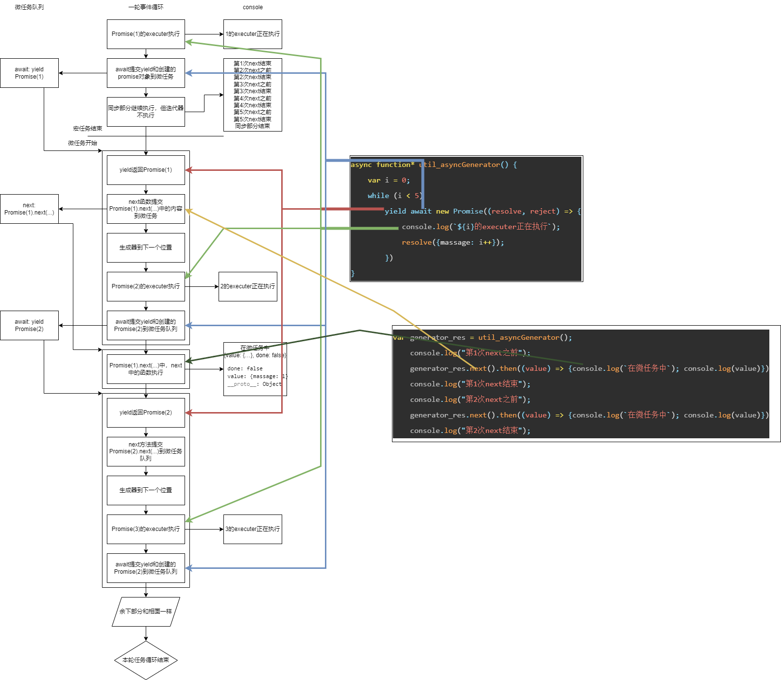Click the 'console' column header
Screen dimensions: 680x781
click(253, 7)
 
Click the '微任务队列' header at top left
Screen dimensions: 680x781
click(29, 7)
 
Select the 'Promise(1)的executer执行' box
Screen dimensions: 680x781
click(146, 34)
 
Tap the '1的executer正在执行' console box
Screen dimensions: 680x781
click(253, 34)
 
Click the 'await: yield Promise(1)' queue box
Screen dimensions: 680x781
click(29, 73)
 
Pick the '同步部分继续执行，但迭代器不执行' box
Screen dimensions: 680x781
click(146, 112)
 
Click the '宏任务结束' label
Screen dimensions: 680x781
click(87, 129)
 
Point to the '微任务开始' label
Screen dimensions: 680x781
click(83, 143)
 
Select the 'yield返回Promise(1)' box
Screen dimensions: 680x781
click(146, 170)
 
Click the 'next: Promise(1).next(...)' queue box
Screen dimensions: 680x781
click(29, 209)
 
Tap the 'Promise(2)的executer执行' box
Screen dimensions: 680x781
click(146, 286)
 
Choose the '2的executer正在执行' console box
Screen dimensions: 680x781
click(248, 286)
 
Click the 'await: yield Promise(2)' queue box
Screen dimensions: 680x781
click(29, 325)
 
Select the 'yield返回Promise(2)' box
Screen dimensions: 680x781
click(146, 413)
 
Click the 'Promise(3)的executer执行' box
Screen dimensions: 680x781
click(146, 529)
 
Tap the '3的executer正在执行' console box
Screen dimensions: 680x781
click(253, 529)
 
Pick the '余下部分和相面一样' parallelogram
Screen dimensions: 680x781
click(146, 612)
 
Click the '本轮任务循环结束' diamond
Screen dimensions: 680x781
click(146, 660)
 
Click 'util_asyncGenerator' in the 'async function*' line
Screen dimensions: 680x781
click(459, 165)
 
